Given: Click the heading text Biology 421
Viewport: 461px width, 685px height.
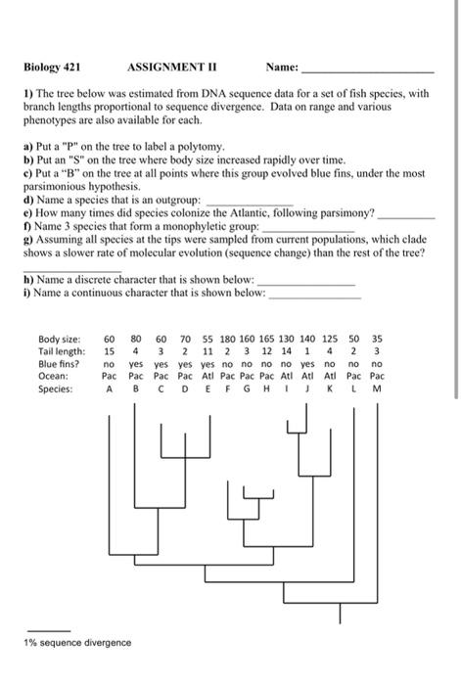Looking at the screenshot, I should [52, 68].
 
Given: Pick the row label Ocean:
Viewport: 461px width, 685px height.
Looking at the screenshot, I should [52, 376].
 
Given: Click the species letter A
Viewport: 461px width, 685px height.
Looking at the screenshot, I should [110, 388].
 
